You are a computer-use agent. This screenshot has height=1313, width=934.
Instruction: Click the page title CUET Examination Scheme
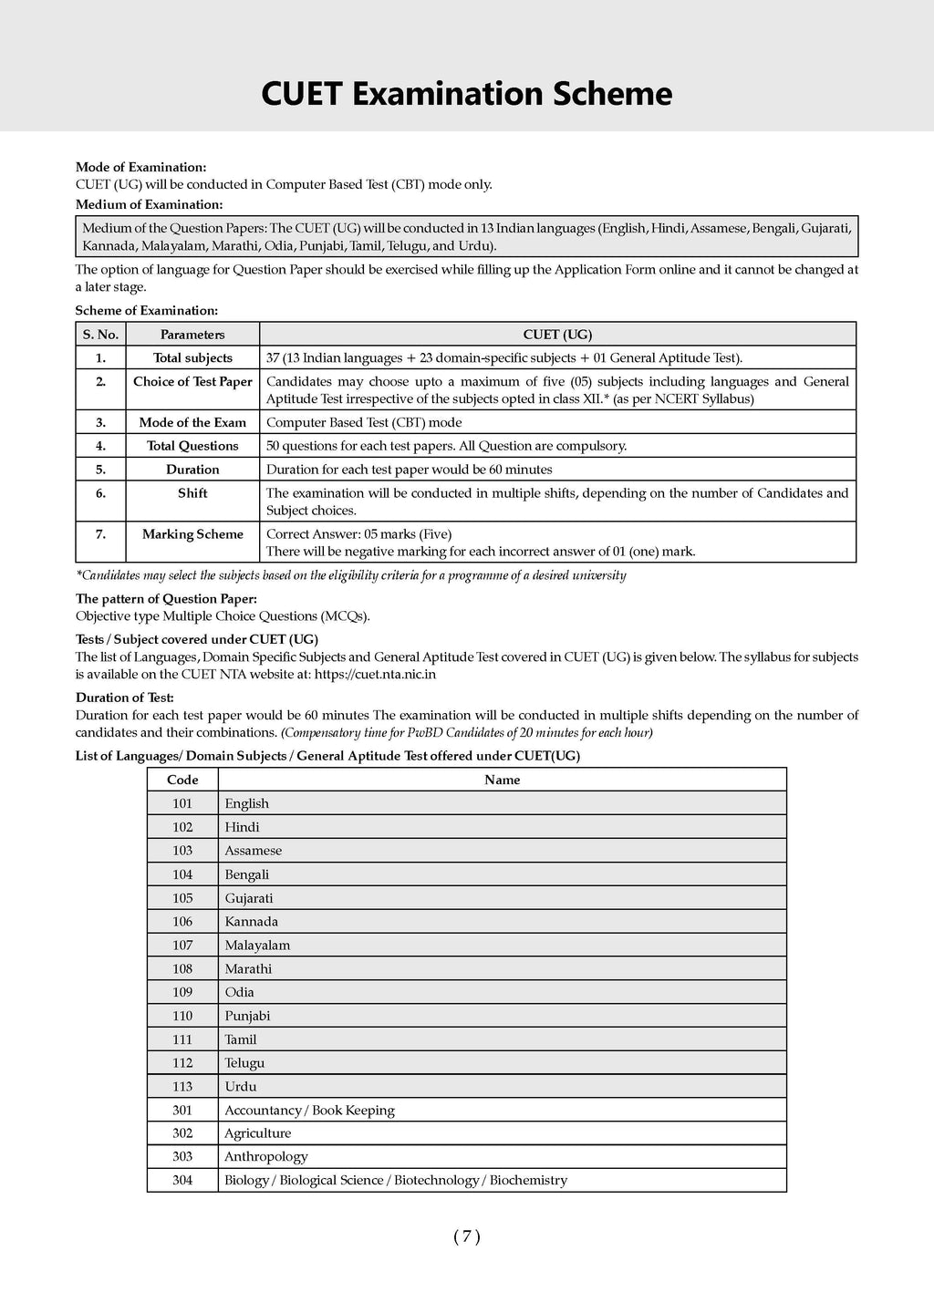tap(466, 94)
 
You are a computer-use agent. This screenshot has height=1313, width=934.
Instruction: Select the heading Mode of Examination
tap(140, 167)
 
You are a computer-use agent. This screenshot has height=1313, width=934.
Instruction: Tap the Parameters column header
tap(192, 335)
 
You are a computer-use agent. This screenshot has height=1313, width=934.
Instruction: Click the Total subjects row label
tap(192, 358)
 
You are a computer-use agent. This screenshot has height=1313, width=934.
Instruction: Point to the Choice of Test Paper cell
tap(192, 381)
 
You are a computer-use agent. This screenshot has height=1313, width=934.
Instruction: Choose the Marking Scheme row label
tap(192, 534)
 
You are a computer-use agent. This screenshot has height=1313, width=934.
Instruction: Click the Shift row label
tap(192, 493)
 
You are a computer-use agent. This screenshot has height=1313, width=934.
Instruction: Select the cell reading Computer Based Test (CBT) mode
tap(364, 423)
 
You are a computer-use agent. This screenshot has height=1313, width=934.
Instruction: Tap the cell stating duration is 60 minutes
tap(409, 470)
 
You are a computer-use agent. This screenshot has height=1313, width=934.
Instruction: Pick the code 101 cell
tap(182, 803)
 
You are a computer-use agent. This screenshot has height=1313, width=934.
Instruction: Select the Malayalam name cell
tap(257, 946)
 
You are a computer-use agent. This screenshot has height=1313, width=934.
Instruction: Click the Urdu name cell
tap(241, 1087)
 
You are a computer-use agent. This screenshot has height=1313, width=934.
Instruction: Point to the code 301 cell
tap(182, 1111)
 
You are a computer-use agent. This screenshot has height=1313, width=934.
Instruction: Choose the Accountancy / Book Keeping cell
tap(309, 1111)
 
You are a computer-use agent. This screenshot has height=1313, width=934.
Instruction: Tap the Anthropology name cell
tap(266, 1157)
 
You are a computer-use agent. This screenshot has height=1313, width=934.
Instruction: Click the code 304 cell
tap(182, 1181)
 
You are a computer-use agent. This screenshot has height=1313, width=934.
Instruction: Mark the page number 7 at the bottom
tap(466, 1237)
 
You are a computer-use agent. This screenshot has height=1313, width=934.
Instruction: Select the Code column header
tap(182, 780)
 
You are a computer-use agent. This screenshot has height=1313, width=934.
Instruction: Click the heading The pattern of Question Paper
tap(166, 599)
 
